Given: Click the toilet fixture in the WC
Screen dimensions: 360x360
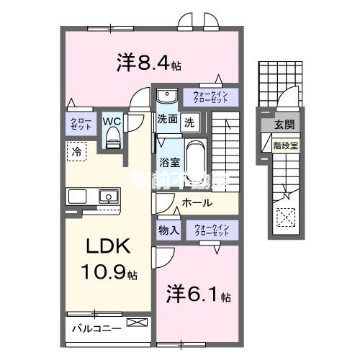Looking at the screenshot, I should pyautogui.click(x=112, y=140).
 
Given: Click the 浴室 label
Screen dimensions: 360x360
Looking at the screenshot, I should pyautogui.click(x=169, y=163).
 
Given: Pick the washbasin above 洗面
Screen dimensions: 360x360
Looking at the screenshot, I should pyautogui.click(x=167, y=96).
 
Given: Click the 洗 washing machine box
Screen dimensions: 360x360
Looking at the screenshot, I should pyautogui.click(x=189, y=122).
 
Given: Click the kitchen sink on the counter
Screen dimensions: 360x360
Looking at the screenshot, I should pyautogui.click(x=109, y=195).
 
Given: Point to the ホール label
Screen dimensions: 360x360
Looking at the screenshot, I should pyautogui.click(x=197, y=204).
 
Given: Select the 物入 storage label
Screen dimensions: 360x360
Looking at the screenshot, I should pyautogui.click(x=168, y=230).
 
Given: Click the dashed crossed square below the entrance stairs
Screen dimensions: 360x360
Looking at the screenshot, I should pyautogui.click(x=285, y=215).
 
